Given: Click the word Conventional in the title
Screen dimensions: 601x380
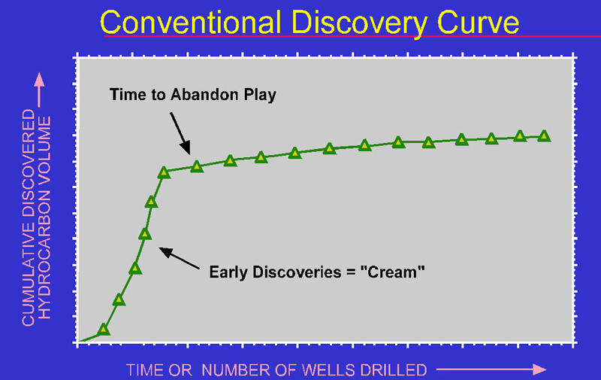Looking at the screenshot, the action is [190, 23].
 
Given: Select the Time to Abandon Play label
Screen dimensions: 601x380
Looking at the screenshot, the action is [193, 95].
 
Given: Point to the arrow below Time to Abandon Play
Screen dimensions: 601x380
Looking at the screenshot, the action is [180, 133].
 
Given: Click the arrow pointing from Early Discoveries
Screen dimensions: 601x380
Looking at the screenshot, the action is [179, 258].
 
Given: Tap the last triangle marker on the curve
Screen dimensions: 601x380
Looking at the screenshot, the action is [544, 136].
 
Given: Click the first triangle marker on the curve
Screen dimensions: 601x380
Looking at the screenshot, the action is [104, 330].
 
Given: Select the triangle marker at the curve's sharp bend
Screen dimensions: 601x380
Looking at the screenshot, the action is [164, 172].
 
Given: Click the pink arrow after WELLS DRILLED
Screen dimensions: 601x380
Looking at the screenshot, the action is [491, 369].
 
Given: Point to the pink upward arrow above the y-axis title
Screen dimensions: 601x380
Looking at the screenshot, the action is [39, 90].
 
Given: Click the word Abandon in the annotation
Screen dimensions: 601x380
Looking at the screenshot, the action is [204, 94].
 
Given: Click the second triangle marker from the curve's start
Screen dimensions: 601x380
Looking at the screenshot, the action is [119, 299].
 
